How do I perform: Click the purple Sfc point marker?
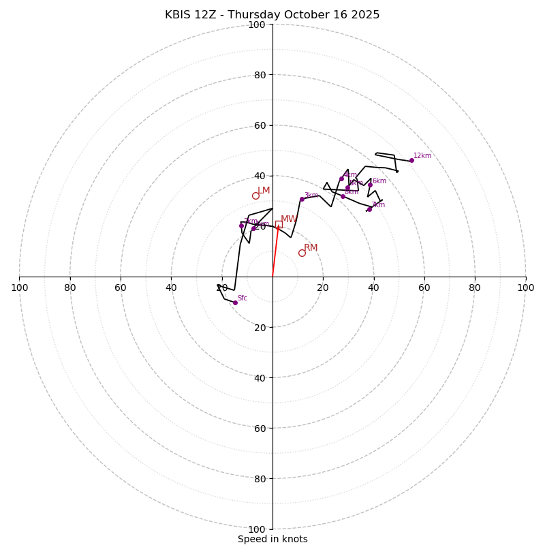pos(235,302)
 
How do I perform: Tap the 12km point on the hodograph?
pos(411,160)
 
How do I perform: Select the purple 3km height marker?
pos(302,199)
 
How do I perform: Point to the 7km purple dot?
pos(369,209)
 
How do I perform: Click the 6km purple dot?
pos(370,185)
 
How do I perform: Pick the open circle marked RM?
pos(302,253)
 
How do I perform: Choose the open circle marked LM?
pos(255,196)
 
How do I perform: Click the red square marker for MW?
pos(279,224)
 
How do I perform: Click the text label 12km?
pos(422,156)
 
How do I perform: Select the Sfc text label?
pos(242,298)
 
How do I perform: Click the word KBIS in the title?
pos(179,15)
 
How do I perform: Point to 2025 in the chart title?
pos(366,15)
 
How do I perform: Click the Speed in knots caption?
pos(272,540)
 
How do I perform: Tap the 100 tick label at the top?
pos(257,25)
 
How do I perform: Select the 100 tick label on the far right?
pos(525,287)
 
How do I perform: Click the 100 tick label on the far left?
pos(19,287)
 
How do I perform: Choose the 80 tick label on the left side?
pos(70,287)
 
